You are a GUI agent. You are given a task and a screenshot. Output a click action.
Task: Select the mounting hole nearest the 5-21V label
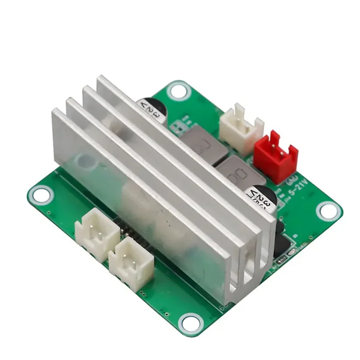point(328,211)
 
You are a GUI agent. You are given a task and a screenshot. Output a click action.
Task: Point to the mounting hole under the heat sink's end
point(190,322)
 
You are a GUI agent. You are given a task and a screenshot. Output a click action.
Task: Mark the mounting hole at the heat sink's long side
point(41,195)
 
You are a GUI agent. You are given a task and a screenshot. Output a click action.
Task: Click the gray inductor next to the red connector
point(235,171)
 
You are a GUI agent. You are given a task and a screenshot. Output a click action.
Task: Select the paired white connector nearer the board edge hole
point(96,230)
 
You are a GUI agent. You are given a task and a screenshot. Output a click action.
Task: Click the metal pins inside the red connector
point(276,151)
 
